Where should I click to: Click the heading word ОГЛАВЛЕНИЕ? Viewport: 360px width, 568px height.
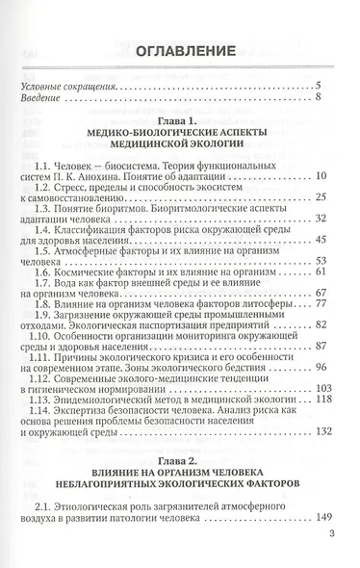coord(179,49)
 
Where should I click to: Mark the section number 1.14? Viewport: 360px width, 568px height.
coord(47,406)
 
